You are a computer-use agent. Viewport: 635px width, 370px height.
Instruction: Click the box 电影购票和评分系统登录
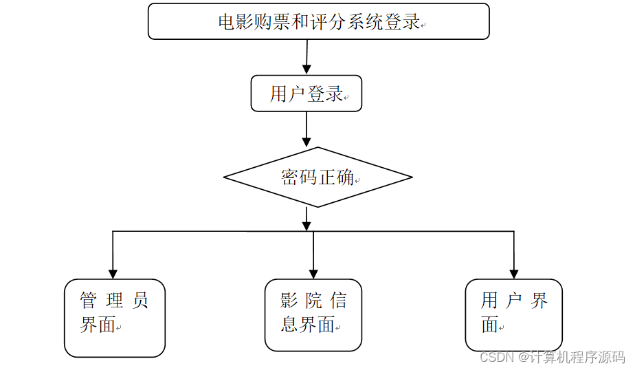coord(319,21)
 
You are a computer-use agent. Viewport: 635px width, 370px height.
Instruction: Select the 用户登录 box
coord(307,94)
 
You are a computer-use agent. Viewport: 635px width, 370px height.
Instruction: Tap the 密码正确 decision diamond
coord(318,177)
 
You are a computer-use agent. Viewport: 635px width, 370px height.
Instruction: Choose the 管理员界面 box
coord(115,318)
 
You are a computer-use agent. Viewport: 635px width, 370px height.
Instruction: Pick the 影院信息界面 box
coord(313,315)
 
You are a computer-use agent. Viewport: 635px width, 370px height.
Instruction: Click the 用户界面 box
coord(513,315)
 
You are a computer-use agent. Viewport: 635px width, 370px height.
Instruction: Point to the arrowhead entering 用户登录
coord(307,69)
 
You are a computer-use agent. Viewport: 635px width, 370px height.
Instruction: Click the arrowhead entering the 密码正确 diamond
coord(307,142)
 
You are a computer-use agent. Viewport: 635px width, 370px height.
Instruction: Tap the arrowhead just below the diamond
coord(307,226)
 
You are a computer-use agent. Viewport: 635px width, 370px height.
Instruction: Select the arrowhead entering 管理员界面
coord(113,274)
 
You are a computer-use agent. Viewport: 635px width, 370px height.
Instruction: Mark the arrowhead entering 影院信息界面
coord(313,274)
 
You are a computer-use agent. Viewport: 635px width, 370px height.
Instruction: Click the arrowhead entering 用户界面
coord(514,274)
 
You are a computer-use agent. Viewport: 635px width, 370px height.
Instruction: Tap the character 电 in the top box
coord(227,22)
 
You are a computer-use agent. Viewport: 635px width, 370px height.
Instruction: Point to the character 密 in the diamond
coord(289,177)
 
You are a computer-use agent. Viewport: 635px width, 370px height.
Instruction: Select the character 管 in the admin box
coord(88,301)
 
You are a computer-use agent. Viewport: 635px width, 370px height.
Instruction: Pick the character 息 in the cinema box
coord(289,324)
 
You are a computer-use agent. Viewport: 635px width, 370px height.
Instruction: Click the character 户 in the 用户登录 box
coord(296,94)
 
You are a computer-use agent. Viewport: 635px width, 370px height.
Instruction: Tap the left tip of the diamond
coord(224,177)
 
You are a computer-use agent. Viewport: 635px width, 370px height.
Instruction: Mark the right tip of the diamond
coord(412,177)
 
